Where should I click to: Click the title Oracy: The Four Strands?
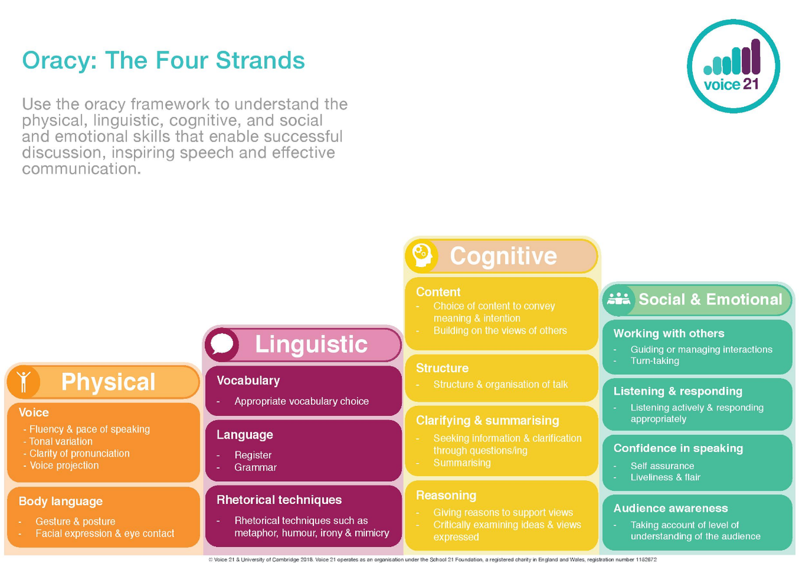(163, 61)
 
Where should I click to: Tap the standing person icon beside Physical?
(23, 381)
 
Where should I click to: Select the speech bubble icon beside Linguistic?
(222, 345)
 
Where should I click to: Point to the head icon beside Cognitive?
(422, 256)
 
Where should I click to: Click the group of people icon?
(619, 299)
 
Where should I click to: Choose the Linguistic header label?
(311, 345)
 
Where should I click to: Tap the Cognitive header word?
(503, 257)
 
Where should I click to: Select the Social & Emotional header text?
(710, 299)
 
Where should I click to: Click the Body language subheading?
(61, 502)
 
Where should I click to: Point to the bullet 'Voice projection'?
(64, 465)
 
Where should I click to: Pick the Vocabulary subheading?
(248, 381)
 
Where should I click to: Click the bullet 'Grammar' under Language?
(256, 468)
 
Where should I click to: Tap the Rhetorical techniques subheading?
(279, 500)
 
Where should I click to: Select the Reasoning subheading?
(446, 496)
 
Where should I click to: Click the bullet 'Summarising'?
(462, 463)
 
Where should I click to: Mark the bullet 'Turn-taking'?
(655, 361)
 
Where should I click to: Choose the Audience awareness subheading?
(671, 508)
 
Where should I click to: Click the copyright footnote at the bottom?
(432, 560)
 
